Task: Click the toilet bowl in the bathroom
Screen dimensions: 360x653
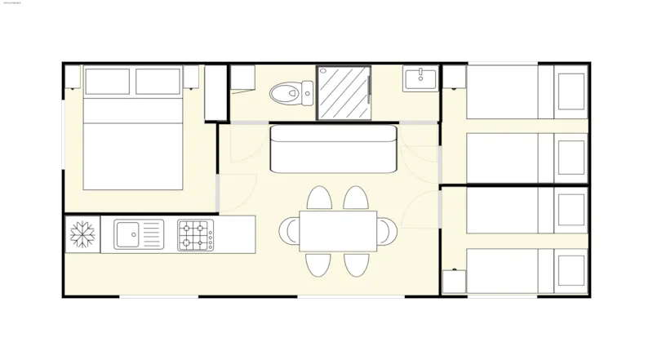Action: pyautogui.click(x=282, y=93)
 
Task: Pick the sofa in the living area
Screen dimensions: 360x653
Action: pyautogui.click(x=332, y=149)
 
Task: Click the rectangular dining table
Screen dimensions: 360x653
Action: pyautogui.click(x=338, y=231)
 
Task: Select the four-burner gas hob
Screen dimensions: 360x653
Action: pyautogui.click(x=196, y=235)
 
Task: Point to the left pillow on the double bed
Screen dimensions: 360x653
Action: pyautogui.click(x=107, y=82)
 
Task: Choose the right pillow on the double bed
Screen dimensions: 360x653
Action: pyautogui.click(x=158, y=82)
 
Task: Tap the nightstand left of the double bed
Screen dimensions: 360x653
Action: pyautogui.click(x=72, y=78)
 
